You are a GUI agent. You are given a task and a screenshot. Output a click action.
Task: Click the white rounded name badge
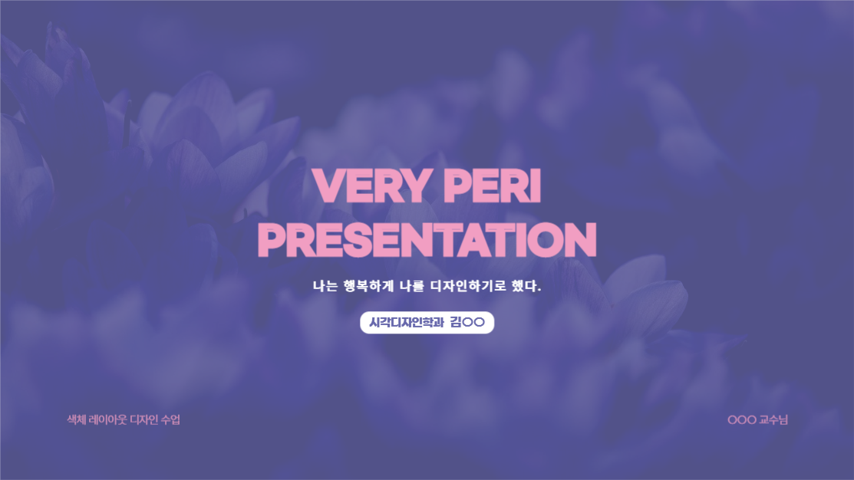click(x=427, y=323)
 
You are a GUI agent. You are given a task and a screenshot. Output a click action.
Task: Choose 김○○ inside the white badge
click(x=468, y=323)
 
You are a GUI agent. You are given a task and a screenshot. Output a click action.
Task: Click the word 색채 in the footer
click(x=77, y=419)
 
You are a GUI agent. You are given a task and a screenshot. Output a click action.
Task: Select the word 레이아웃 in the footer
click(x=108, y=419)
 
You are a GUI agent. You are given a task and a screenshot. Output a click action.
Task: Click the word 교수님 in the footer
click(x=773, y=419)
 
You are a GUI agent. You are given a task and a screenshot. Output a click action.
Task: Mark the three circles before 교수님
click(x=742, y=419)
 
